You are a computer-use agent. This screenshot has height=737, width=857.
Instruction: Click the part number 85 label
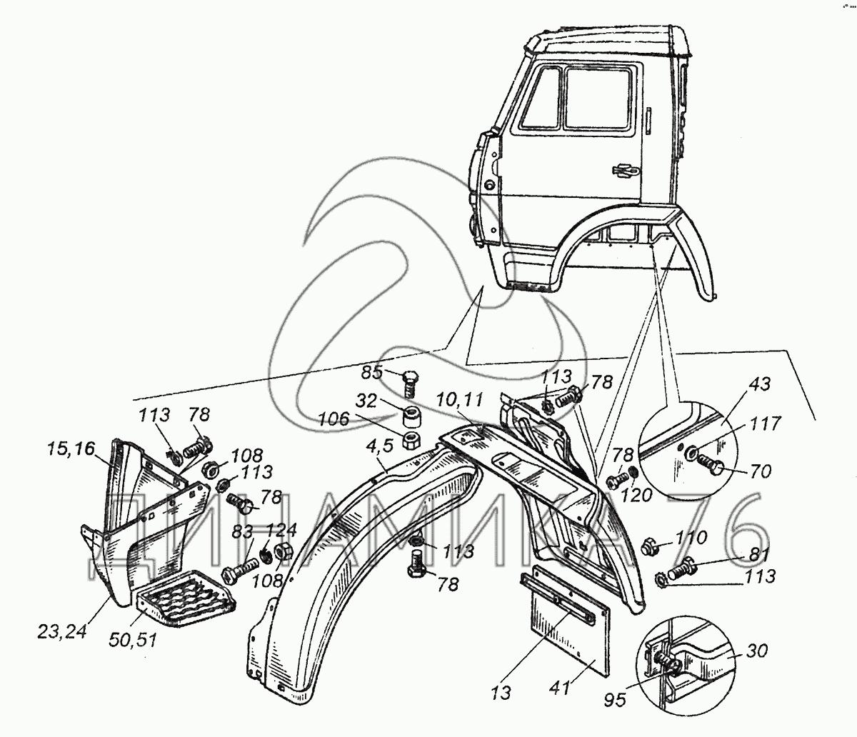371,372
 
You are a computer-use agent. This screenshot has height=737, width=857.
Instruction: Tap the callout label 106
334,419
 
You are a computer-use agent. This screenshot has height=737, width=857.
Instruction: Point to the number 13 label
501,693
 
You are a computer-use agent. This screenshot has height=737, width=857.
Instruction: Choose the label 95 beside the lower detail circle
615,700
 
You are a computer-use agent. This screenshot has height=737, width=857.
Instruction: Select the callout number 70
761,471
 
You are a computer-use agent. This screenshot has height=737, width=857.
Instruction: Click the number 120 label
636,494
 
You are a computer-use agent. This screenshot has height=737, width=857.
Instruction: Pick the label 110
691,538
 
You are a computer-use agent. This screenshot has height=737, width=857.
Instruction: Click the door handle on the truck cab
625,170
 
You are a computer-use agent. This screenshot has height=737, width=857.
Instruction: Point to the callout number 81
759,556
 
